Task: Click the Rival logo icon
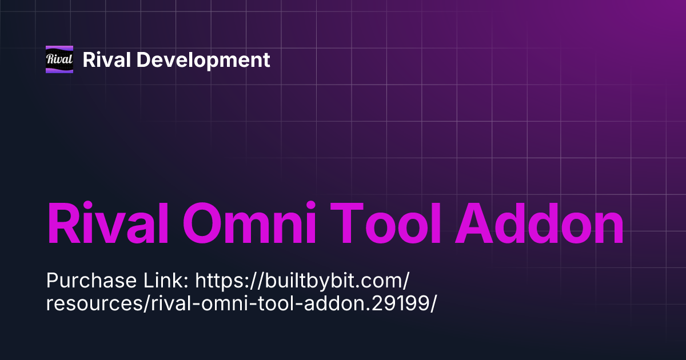click(x=59, y=59)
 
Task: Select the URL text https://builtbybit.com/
click(x=303, y=281)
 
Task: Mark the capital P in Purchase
click(x=51, y=281)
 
